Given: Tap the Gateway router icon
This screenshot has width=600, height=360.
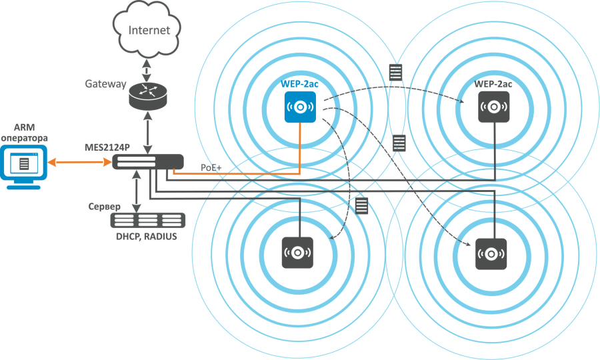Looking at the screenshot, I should click(147, 93).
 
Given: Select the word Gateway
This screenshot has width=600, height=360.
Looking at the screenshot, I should click(105, 85).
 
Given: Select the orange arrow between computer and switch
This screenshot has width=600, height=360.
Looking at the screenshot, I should click(79, 162).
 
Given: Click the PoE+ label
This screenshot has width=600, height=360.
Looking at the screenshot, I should click(212, 167).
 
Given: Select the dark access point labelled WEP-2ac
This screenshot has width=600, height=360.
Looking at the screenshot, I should click(494, 106).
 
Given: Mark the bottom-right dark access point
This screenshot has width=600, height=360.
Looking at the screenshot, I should click(493, 253).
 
